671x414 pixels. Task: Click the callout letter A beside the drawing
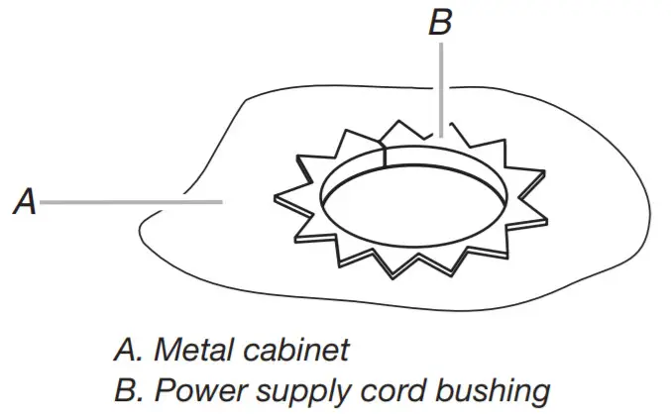pos(25,203)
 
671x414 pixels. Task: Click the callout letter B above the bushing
pos(440,23)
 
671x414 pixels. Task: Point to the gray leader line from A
pos(129,202)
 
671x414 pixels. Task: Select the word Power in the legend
pos(192,387)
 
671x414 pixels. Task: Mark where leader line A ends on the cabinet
pos(220,202)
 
